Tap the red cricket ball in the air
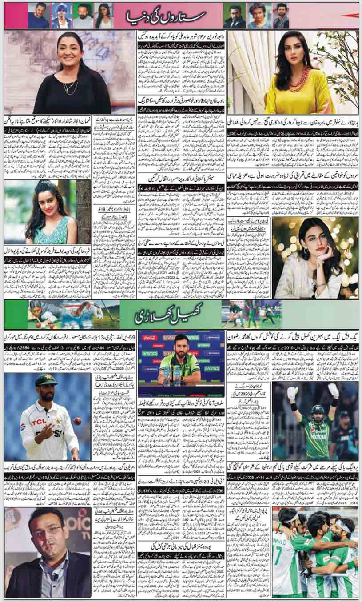[78, 421]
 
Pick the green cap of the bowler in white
[46, 380]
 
